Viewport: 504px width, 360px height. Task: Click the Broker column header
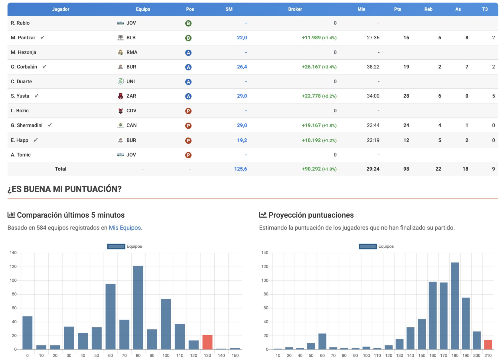click(295, 9)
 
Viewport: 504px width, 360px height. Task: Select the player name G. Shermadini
click(27, 125)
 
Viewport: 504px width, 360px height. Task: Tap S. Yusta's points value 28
click(406, 96)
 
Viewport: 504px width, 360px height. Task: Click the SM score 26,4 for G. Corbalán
click(242, 67)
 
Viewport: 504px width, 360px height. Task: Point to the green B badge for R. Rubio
click(188, 23)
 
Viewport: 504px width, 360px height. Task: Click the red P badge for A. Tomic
click(188, 155)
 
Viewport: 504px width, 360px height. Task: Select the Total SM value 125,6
click(240, 169)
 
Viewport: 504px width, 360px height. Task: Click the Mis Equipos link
click(125, 228)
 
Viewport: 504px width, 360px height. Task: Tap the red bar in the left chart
click(207, 342)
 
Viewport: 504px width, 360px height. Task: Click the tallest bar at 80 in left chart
click(138, 307)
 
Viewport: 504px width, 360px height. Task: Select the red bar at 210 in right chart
click(488, 345)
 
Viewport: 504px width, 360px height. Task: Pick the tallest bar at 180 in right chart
click(455, 306)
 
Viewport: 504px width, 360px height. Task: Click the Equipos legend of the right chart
click(376, 246)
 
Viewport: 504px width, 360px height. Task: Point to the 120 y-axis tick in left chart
click(13, 267)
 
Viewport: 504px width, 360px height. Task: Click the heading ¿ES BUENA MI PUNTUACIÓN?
click(64, 189)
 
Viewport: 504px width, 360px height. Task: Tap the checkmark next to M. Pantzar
click(43, 38)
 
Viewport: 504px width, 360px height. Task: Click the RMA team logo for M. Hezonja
click(121, 52)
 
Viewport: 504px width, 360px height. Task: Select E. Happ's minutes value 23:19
click(373, 140)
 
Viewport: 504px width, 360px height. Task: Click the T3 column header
click(485, 9)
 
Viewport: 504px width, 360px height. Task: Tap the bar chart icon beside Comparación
click(11, 215)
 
